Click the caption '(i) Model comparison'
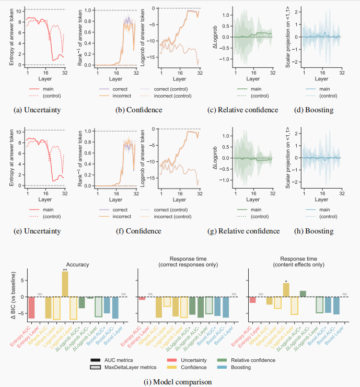(x=179, y=381)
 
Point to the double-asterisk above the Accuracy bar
(x=65, y=269)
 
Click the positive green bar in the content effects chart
(x=303, y=294)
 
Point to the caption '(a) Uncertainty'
(x=32, y=110)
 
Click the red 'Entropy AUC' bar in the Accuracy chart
(x=31, y=308)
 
